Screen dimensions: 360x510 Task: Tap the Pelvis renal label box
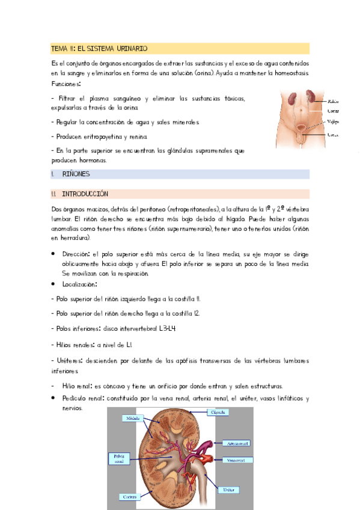click(118, 459)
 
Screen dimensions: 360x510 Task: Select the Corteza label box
click(129, 497)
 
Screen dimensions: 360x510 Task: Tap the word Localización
click(79, 284)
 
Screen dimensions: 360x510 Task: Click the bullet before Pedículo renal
click(54, 398)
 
